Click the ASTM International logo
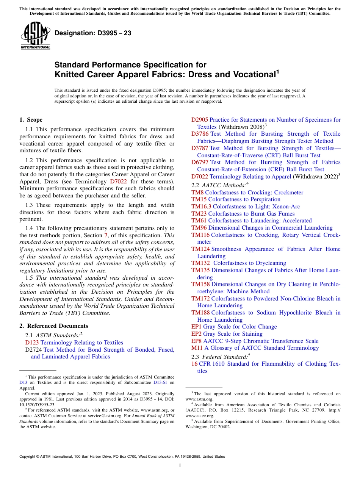35,36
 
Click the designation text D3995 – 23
93,33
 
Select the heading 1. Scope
31,120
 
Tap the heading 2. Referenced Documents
54,326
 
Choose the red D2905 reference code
199,120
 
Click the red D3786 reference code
200,134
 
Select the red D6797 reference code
200,162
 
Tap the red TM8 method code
197,192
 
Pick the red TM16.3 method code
201,207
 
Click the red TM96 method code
199,228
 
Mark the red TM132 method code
200,263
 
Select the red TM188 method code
200,313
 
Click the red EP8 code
196,341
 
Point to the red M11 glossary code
197,348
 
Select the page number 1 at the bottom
180,466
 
